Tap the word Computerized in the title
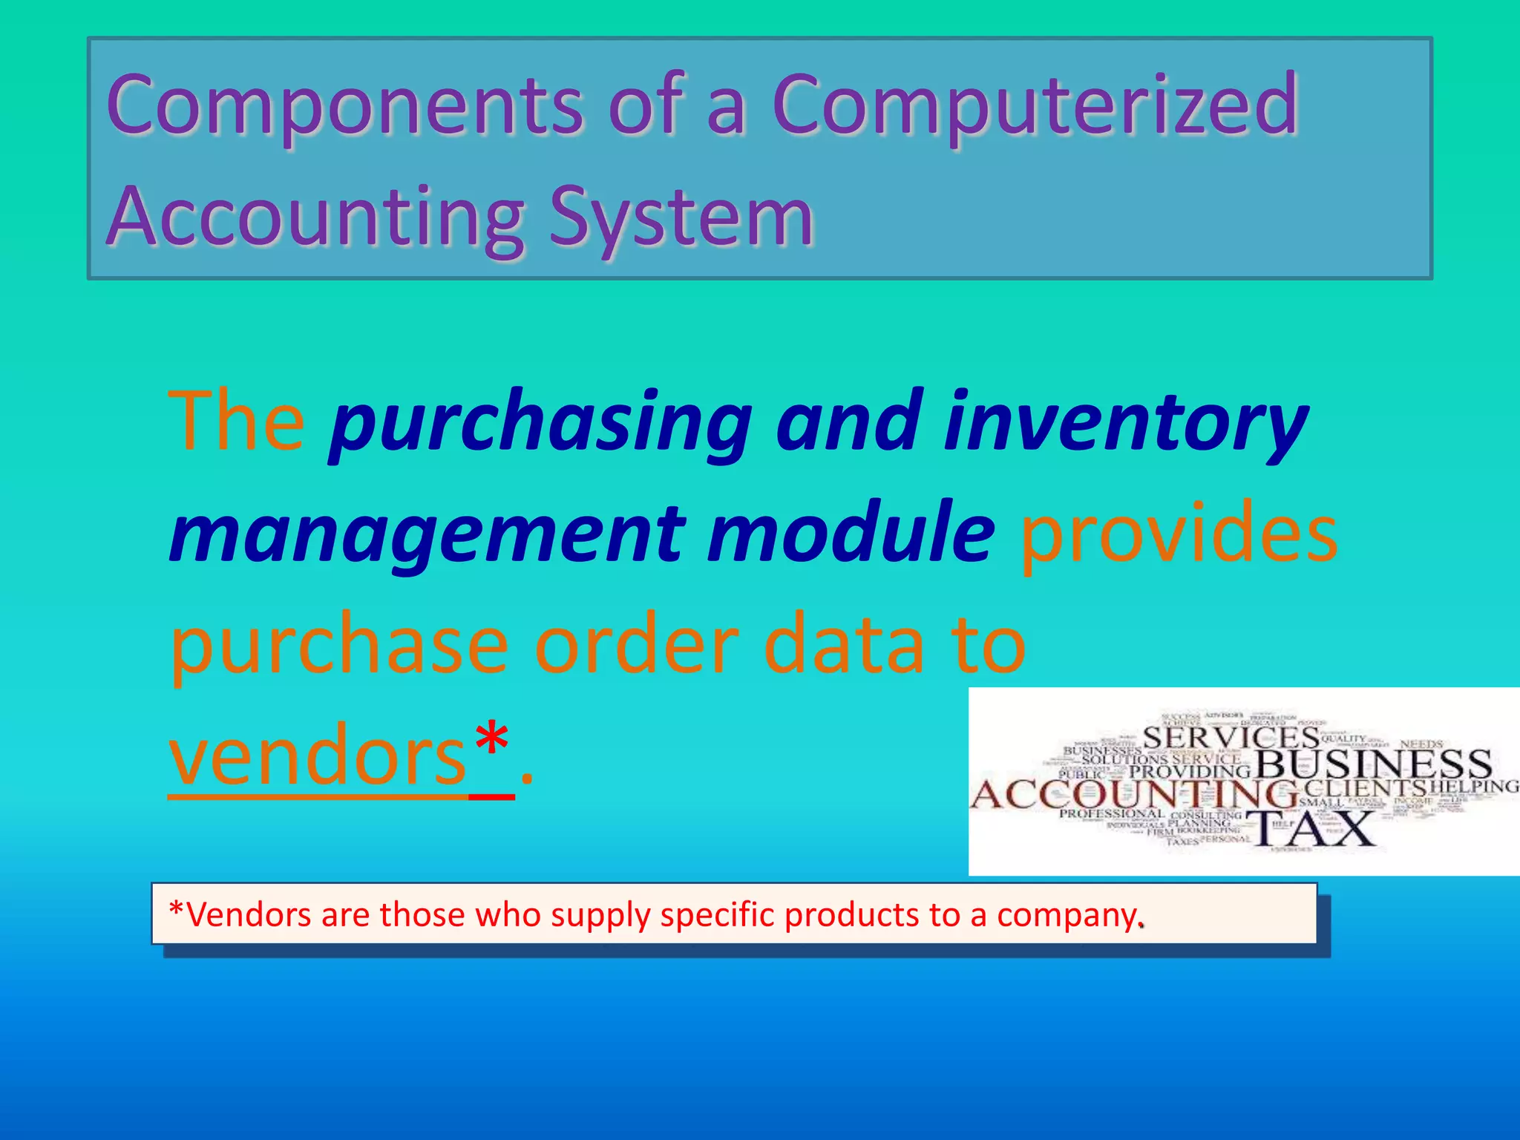tap(1035, 106)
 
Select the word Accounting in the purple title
tap(315, 217)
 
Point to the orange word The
tap(236, 421)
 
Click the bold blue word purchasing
tap(540, 425)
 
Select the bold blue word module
tap(850, 532)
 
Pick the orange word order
tap(636, 644)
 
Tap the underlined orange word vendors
tap(317, 756)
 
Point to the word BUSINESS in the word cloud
tap(1372, 764)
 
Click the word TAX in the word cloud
tap(1311, 829)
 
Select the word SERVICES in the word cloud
tap(1231, 738)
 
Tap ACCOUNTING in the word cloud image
tap(1134, 795)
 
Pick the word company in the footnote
tap(1067, 915)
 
